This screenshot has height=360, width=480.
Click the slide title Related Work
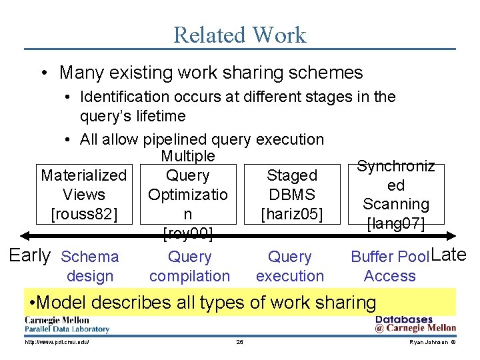tap(239, 35)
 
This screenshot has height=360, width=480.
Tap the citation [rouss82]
tap(84, 214)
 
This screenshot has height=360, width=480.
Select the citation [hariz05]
tap(292, 214)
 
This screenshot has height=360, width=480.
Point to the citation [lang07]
tap(396, 223)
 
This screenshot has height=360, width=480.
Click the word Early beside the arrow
tap(30, 255)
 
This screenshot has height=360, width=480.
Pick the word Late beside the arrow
tap(449, 254)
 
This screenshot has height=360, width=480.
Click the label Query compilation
tap(189, 266)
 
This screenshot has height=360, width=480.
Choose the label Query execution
tap(289, 266)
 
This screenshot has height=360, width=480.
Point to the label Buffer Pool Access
tap(390, 266)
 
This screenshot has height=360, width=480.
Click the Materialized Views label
tap(84, 185)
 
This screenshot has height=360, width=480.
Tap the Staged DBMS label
tap(292, 185)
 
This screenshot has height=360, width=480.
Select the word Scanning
tap(396, 204)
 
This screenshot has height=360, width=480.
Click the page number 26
tap(240, 342)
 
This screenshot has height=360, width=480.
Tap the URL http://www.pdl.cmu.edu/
tap(57, 342)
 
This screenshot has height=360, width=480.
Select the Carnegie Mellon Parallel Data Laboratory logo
tap(67, 325)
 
